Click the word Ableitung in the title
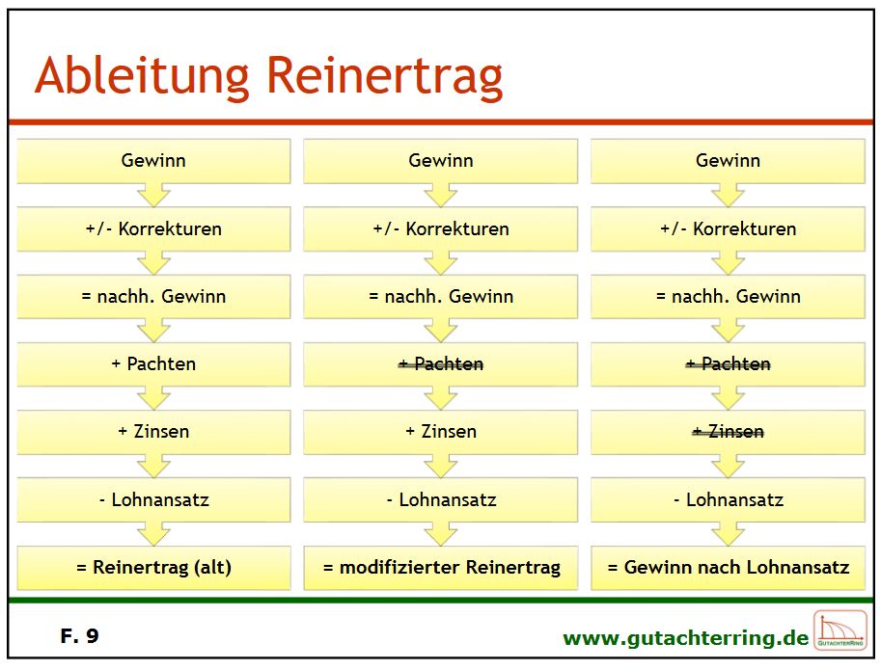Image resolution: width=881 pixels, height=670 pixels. pyautogui.click(x=142, y=77)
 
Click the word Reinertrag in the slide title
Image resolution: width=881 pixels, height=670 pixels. pyautogui.click(x=385, y=77)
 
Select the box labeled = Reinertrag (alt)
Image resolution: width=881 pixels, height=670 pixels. pyautogui.click(x=153, y=567)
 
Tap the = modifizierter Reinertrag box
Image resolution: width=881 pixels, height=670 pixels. pyautogui.click(x=440, y=567)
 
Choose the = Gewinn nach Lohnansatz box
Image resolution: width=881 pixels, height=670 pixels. pyautogui.click(x=728, y=567)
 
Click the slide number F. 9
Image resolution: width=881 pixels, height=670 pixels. pyautogui.click(x=79, y=635)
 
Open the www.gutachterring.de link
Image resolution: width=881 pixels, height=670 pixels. pyautogui.click(x=685, y=638)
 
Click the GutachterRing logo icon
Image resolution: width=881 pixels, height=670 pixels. pyautogui.click(x=840, y=630)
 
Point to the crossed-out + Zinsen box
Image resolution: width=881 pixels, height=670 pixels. pyautogui.click(x=728, y=432)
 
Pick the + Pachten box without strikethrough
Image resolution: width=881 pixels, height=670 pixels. pyautogui.click(x=153, y=364)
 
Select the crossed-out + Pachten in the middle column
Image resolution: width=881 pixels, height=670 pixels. pyautogui.click(x=440, y=364)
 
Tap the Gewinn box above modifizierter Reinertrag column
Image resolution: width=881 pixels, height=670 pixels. pyautogui.click(x=440, y=161)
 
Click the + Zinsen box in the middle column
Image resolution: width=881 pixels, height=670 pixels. pyautogui.click(x=440, y=432)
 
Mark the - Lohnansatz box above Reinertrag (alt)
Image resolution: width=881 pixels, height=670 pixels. pyautogui.click(x=153, y=499)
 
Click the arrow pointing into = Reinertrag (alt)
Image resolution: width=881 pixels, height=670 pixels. pyautogui.click(x=153, y=533)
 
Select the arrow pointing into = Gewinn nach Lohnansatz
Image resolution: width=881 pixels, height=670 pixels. pyautogui.click(x=728, y=533)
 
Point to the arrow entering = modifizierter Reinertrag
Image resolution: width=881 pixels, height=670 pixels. pyautogui.click(x=440, y=533)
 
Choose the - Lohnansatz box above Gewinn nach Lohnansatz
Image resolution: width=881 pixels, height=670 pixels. pyautogui.click(x=728, y=499)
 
